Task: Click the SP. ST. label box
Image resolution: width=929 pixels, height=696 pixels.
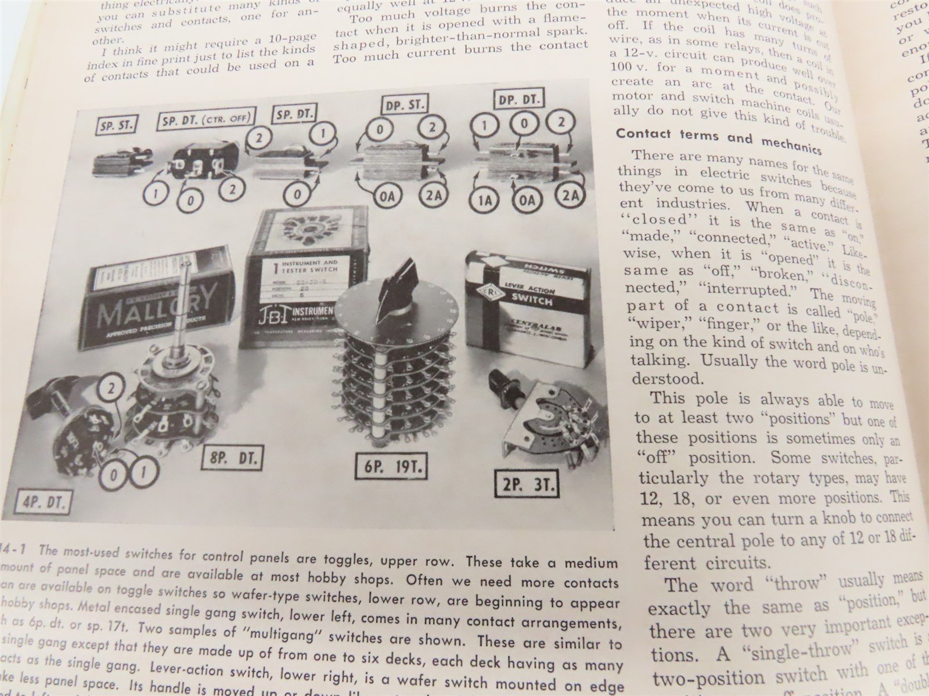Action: [115, 125]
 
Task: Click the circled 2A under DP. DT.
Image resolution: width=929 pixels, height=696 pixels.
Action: [567, 197]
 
